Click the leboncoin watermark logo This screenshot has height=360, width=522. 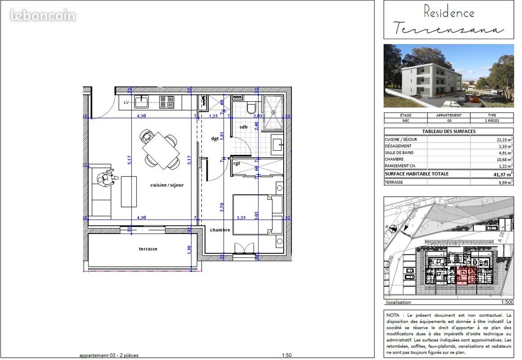pyautogui.click(x=43, y=16)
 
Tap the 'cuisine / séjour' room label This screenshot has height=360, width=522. pyautogui.click(x=167, y=185)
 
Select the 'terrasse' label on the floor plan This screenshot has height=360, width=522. pyautogui.click(x=148, y=249)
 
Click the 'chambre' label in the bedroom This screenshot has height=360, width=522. pyautogui.click(x=220, y=230)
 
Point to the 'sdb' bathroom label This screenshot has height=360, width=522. pyautogui.click(x=243, y=127)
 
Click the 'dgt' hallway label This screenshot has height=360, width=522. pyautogui.click(x=215, y=139)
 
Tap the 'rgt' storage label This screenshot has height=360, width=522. pyautogui.click(x=237, y=163)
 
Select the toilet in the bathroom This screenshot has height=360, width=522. pyautogui.click(x=251, y=108)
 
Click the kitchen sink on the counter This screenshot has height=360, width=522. pyautogui.click(x=142, y=102)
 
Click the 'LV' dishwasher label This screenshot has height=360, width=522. pyautogui.click(x=127, y=103)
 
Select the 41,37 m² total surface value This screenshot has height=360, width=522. pyautogui.click(x=503, y=174)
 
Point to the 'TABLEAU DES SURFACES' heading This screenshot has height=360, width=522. pyautogui.click(x=448, y=131)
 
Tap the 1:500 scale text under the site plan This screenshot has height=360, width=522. pyautogui.click(x=507, y=302)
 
